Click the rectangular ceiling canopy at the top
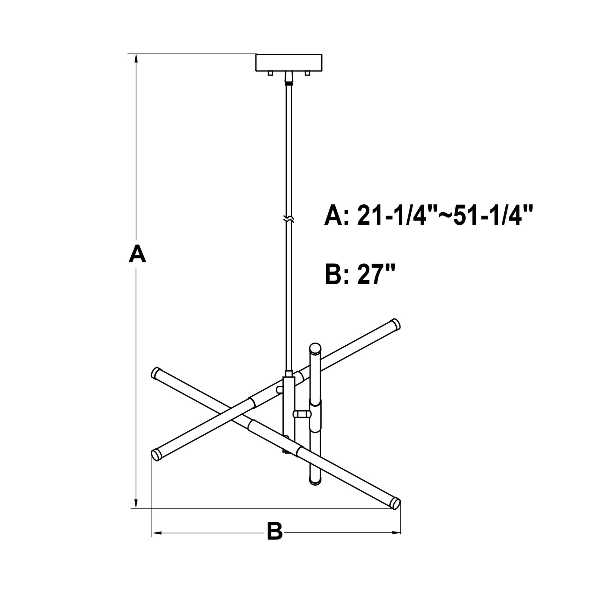[289, 63]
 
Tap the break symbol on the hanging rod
[289, 219]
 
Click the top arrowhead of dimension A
[136, 59]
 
